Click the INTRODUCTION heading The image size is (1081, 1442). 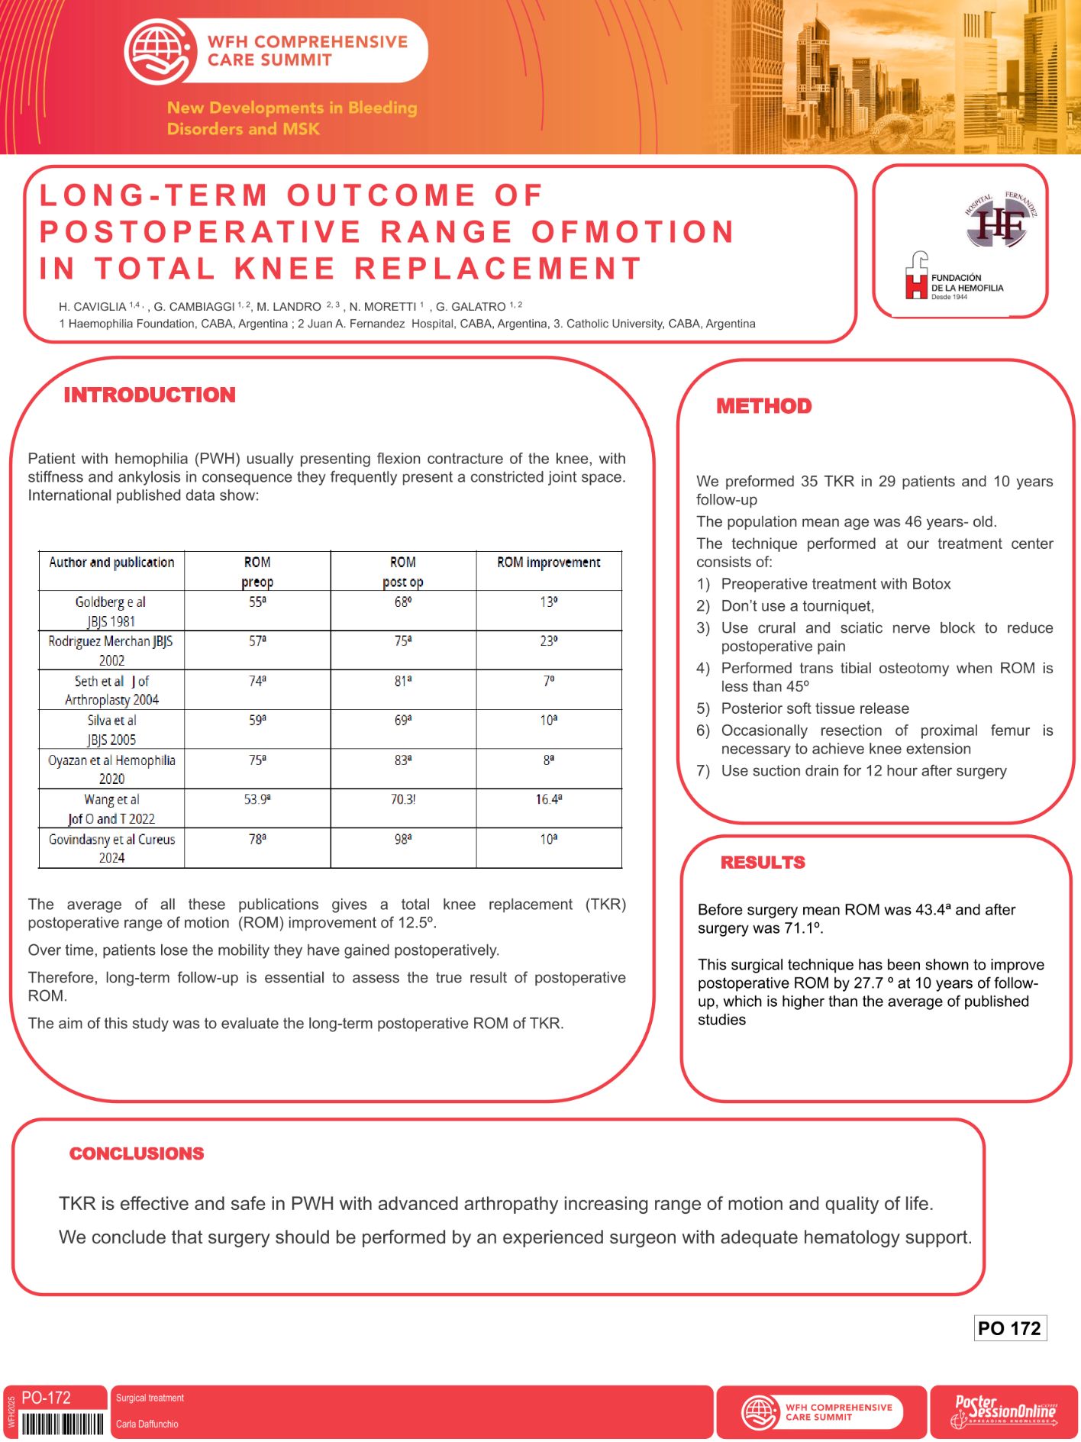click(x=150, y=395)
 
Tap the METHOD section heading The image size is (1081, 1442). click(x=763, y=406)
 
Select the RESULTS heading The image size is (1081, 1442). click(x=763, y=863)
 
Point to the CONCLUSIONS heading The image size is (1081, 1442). click(x=137, y=1153)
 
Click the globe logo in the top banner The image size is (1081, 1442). click(x=159, y=51)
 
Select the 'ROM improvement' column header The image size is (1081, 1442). click(x=548, y=563)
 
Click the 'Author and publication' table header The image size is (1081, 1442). click(x=111, y=563)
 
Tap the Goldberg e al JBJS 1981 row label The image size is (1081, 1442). click(x=111, y=611)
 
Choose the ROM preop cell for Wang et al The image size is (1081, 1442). click(x=257, y=799)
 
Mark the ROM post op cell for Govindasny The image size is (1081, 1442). click(x=403, y=839)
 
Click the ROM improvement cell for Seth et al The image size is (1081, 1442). click(x=548, y=681)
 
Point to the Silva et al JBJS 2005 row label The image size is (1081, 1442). click(x=111, y=730)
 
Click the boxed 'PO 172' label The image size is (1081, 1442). click(x=1009, y=1328)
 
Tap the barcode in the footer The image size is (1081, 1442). click(x=63, y=1424)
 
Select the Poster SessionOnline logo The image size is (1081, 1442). click(x=1004, y=1411)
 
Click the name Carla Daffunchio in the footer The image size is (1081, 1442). click(x=147, y=1424)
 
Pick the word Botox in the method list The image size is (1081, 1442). click(x=931, y=584)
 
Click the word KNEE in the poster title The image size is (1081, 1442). click(x=285, y=269)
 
